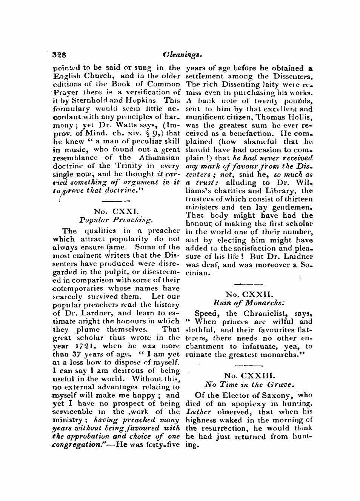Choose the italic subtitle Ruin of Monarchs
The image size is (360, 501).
(x=249, y=303)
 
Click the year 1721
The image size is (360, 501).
(x=81, y=346)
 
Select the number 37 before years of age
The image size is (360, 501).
(x=72, y=354)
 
